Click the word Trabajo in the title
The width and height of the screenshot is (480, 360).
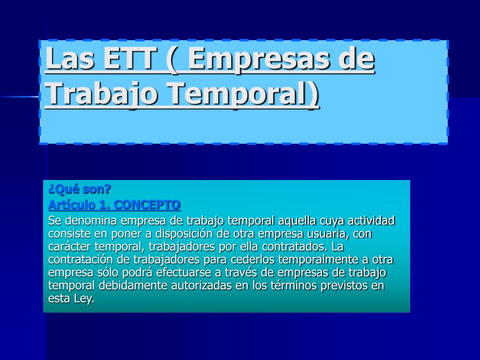pyautogui.click(x=101, y=94)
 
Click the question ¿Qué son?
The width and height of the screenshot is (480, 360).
pyautogui.click(x=80, y=189)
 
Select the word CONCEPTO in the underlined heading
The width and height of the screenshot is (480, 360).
pyautogui.click(x=147, y=205)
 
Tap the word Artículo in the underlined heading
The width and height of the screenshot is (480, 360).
pyautogui.click(x=72, y=205)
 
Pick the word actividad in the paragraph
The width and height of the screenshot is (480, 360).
pyautogui.click(x=371, y=220)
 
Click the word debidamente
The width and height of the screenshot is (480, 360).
pyautogui.click(x=133, y=285)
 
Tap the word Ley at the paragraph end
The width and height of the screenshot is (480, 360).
pyautogui.click(x=84, y=299)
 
